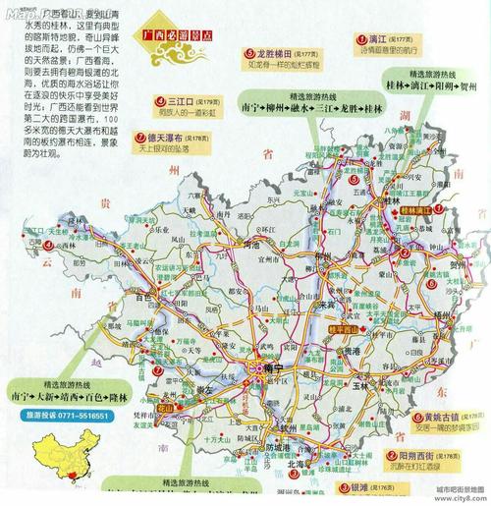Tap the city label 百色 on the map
[147, 295]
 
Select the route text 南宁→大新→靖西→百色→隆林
[66, 396]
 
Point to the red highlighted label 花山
[164, 403]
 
